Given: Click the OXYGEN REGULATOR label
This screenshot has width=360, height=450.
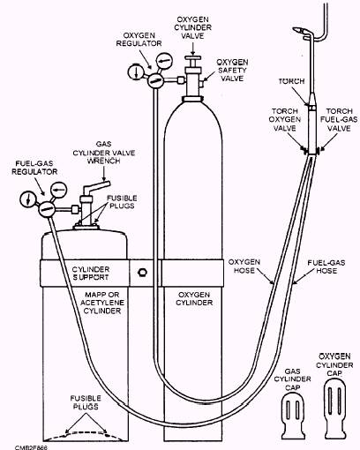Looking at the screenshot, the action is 139,39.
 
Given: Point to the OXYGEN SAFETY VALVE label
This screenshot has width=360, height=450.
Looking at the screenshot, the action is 232,71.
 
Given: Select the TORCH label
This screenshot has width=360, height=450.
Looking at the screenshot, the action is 291,81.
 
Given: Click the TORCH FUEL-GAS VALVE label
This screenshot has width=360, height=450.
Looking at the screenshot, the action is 339,120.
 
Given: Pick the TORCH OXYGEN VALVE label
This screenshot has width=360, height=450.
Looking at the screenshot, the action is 285,120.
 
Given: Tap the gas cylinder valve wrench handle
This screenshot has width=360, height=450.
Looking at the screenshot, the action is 96,186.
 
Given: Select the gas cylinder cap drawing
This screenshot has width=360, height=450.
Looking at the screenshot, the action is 293,416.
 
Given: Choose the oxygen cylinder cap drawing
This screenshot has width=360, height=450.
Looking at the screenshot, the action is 335,409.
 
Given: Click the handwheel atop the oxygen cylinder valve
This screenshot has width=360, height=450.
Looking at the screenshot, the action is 192,57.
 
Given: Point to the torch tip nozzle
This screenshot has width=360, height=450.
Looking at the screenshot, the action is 298,30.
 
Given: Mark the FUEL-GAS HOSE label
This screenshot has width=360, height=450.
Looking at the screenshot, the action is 326,266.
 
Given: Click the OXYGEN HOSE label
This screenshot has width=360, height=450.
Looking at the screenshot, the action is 244,266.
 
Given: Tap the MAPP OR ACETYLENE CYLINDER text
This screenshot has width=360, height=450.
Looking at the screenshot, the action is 102,303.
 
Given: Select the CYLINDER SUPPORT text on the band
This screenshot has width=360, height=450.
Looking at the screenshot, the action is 91,274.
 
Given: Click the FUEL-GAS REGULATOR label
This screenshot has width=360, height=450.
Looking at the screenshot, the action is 34,168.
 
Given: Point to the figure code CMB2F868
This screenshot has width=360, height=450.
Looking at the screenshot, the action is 31,447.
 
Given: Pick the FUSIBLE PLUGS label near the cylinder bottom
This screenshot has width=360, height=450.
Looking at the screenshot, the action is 86,402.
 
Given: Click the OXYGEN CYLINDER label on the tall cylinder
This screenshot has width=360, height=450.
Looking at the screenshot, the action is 194,298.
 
